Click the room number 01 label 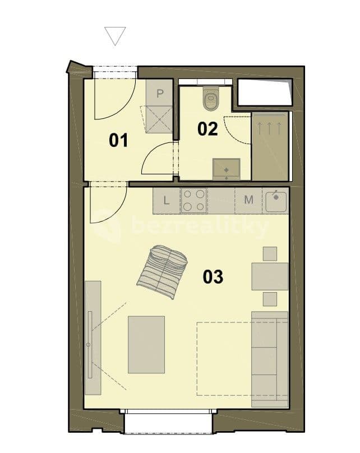[x=118, y=140]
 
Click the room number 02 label [x=207, y=129]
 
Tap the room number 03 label [x=213, y=276]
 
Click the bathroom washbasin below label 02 [x=226, y=168]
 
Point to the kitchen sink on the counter [x=276, y=201]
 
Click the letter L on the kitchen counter [x=166, y=200]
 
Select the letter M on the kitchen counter [x=248, y=200]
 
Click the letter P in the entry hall [x=160, y=94]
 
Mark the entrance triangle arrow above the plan [x=116, y=36]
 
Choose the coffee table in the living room [x=146, y=344]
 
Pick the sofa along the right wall [x=269, y=359]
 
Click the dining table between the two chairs [x=269, y=276]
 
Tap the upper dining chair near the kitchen [x=270, y=253]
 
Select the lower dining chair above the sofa [x=270, y=298]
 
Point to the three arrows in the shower [x=269, y=128]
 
